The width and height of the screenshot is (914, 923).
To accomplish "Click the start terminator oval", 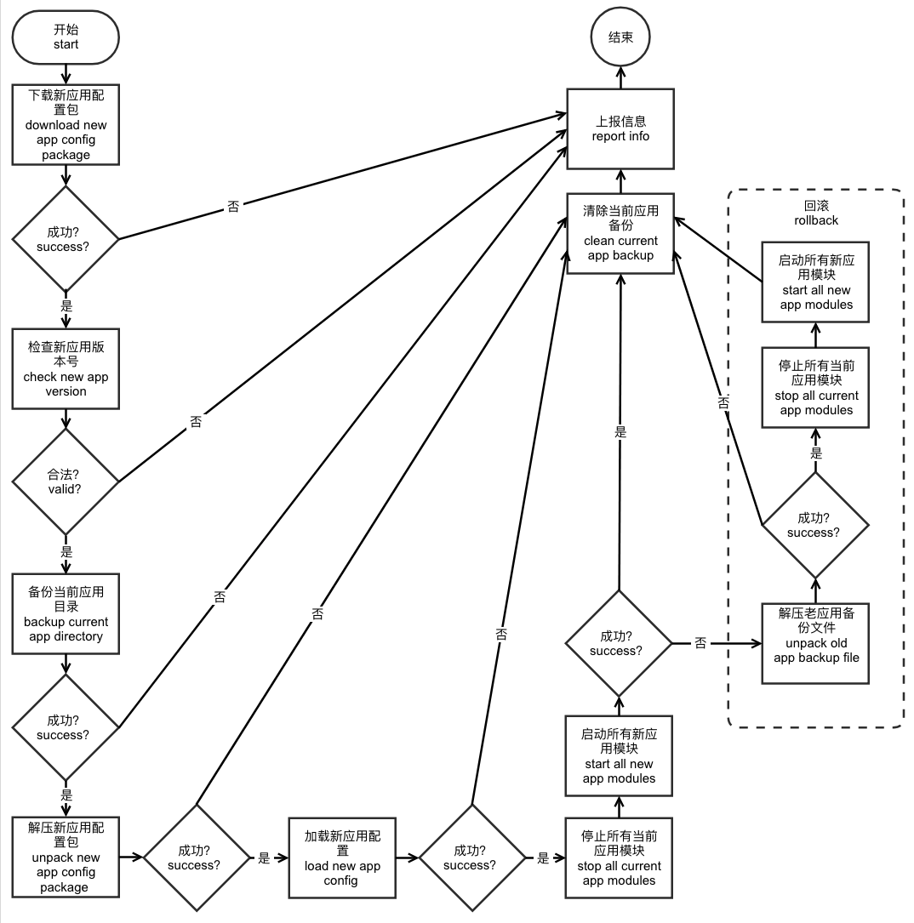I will (66, 37).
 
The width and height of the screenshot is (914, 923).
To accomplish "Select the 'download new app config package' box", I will (66, 124).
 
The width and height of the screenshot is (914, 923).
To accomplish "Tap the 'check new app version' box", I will (66, 369).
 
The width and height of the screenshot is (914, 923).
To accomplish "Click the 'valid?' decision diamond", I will (66, 481).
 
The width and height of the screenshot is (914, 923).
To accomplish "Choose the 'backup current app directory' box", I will (66, 614).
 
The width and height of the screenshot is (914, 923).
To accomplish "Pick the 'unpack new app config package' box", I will (66, 857).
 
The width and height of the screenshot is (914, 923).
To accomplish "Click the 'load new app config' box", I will (342, 857).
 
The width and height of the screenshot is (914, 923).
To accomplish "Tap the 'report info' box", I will (620, 129).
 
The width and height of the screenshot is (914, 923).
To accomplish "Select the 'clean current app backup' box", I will (620, 233).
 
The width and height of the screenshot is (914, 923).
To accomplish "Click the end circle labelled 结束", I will (620, 37).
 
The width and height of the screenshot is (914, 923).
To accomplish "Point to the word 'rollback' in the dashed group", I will (815, 220).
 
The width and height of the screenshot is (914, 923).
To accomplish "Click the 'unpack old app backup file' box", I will (815, 642).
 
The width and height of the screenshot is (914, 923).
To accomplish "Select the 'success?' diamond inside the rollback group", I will (814, 525).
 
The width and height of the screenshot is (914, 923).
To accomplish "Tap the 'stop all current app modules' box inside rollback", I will (815, 388).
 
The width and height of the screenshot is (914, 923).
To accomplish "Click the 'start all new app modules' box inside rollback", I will (815, 282).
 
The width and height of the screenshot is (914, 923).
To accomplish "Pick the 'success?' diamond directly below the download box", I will (66, 239).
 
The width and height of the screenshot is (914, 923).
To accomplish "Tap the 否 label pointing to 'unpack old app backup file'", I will (700, 644).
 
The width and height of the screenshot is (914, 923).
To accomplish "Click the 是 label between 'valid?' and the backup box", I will (67, 551).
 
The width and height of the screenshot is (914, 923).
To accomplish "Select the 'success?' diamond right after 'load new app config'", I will (471, 857).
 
